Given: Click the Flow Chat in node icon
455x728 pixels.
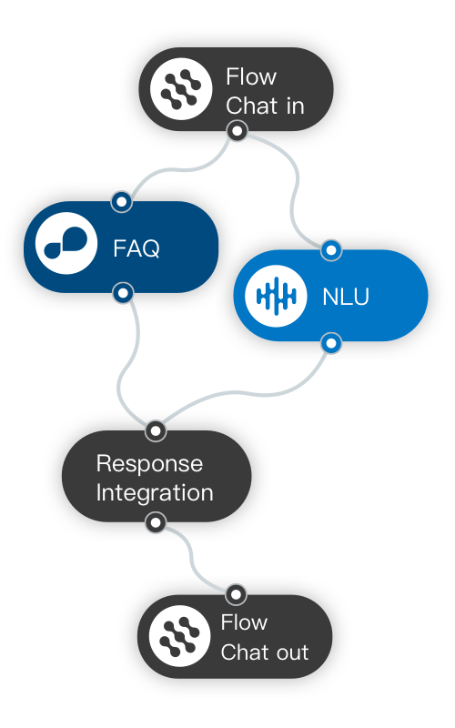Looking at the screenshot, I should click(180, 89).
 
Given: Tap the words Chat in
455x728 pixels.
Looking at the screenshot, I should click(265, 106).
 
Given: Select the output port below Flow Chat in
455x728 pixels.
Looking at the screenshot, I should click(237, 132).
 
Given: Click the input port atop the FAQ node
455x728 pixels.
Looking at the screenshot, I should click(121, 200).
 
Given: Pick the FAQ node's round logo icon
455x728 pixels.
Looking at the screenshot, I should click(66, 247).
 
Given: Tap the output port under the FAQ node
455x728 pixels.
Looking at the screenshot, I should click(123, 293).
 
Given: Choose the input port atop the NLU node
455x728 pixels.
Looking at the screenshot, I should click(331, 249).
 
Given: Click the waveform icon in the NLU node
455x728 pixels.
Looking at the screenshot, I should click(276, 296).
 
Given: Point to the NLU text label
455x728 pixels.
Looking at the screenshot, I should click(346, 297).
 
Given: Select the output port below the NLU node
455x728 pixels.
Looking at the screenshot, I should click(332, 343).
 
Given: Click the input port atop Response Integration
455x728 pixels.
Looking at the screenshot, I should click(156, 430).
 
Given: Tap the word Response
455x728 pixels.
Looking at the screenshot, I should click(149, 463).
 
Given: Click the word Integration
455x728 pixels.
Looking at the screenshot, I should click(155, 493).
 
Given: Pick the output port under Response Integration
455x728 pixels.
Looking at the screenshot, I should click(156, 522).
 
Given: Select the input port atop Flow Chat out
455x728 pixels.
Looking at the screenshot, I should click(236, 594).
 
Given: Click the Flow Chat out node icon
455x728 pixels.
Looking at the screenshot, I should click(179, 635).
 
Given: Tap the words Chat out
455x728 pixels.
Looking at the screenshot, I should click(265, 652).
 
